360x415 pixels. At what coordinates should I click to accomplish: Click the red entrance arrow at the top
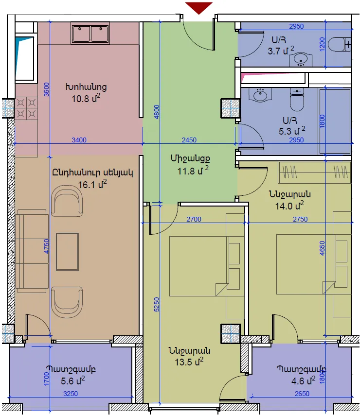coord(198,8)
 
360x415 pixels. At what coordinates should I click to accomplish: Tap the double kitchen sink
coord(90,34)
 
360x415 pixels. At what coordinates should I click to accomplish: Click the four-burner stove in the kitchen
coord(26,108)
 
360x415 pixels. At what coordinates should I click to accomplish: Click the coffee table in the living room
coord(67,251)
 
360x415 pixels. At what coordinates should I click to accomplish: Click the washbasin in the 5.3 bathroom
coord(260,94)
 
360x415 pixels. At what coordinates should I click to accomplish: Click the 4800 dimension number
coord(157,112)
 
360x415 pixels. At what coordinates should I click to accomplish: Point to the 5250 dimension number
coord(157,304)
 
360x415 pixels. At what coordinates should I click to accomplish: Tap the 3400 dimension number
coord(79,140)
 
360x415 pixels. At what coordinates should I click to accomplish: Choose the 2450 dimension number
coord(189,140)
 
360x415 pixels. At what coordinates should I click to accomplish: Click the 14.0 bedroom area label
coord(289,206)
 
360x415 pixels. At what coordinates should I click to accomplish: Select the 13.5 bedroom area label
coord(189,362)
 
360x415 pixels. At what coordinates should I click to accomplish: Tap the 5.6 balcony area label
coord(73,381)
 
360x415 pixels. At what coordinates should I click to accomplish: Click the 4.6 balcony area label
coord(303,381)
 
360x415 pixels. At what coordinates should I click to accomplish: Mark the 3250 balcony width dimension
coord(71,394)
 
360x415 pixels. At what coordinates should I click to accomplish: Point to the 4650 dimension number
coord(322,248)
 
